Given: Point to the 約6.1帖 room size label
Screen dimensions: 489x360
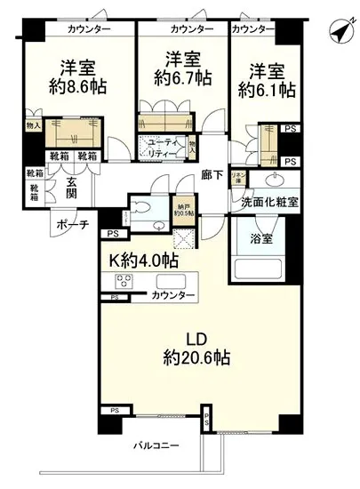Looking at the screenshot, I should click(267, 90).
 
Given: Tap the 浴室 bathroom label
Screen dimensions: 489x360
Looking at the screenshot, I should click(261, 238).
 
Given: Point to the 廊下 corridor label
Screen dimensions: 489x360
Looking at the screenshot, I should click(212, 175).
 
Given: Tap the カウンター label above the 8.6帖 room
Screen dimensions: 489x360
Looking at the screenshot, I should click(86, 29).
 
